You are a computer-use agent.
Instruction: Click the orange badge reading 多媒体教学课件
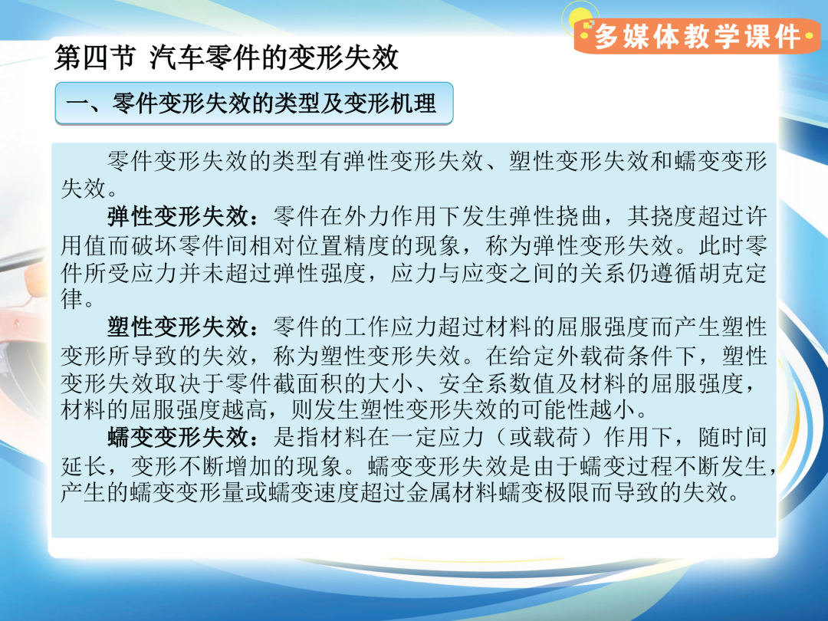coord(697,36)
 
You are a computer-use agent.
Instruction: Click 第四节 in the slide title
coord(95,58)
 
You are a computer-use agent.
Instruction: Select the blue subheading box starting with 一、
coord(254,103)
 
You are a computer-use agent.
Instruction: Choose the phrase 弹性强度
coord(320,273)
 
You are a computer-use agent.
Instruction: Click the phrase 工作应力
coord(391,327)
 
